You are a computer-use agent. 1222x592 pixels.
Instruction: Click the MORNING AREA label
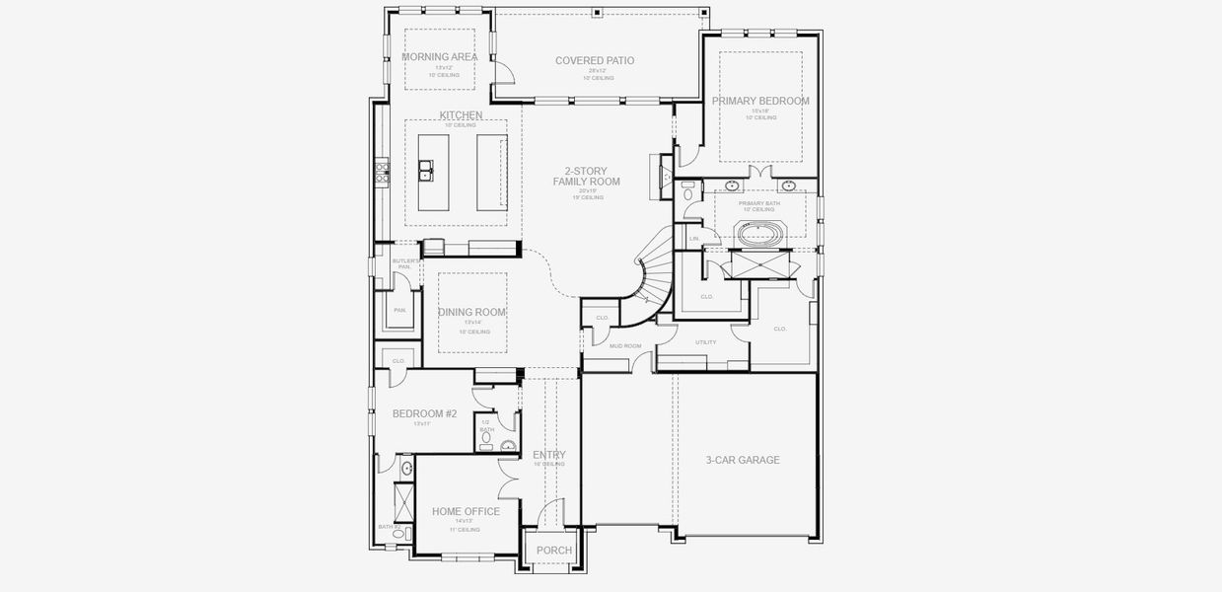(440, 57)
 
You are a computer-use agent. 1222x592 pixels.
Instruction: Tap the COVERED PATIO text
(595, 61)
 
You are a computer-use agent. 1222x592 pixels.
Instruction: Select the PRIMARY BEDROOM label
(760, 101)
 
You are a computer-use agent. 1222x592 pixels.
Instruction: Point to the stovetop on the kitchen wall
(381, 175)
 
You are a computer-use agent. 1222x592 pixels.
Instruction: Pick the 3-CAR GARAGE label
(743, 460)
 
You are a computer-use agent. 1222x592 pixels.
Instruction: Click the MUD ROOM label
(625, 346)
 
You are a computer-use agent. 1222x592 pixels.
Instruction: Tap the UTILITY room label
(705, 342)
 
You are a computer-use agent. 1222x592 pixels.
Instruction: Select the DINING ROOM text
(471, 313)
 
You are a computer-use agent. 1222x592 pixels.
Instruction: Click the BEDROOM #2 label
(424, 414)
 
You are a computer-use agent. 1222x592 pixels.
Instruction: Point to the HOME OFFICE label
(466, 512)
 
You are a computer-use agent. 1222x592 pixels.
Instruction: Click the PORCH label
(553, 551)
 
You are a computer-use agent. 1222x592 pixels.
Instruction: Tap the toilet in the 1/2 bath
(506, 445)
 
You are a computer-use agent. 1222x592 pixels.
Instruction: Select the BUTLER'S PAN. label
(404, 264)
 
